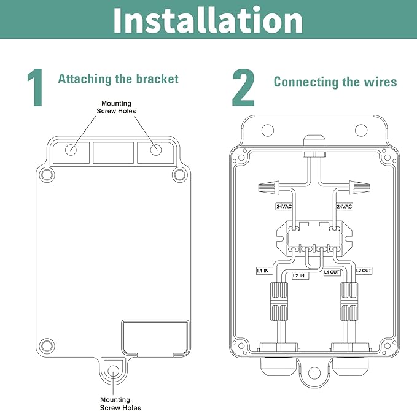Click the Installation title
point(208,20)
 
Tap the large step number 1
point(36,87)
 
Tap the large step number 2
point(243,87)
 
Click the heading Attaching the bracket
point(119,79)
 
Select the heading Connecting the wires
point(335,82)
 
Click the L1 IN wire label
point(263,271)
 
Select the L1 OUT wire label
point(332,272)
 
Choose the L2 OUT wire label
point(364,271)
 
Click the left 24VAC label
point(284,207)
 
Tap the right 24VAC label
point(345,207)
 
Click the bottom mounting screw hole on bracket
point(114,371)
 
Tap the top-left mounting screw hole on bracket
point(71,150)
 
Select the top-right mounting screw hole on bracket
point(156,150)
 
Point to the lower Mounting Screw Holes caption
point(120,404)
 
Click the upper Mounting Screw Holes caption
point(116,107)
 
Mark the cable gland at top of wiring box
point(314,146)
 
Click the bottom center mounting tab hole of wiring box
point(314,372)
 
